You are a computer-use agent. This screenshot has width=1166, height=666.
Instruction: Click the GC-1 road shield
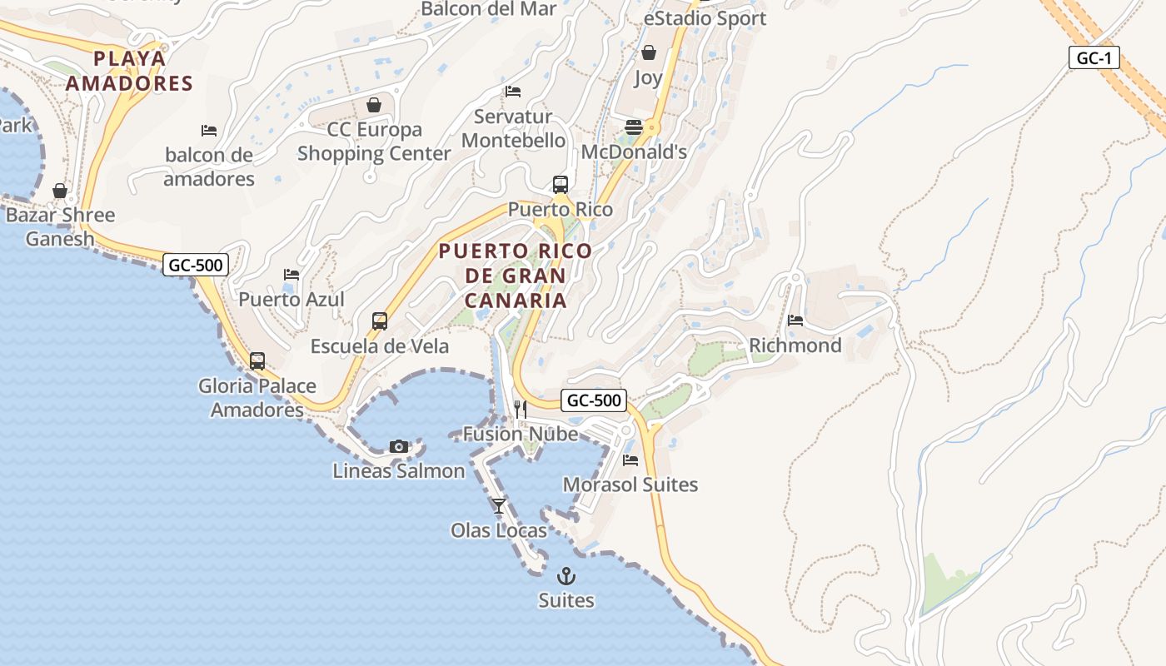[1094, 58]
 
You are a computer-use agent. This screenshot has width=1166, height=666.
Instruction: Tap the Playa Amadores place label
[130, 71]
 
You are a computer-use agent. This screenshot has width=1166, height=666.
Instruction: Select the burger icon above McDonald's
[634, 127]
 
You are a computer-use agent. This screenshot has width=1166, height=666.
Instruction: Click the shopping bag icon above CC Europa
[374, 105]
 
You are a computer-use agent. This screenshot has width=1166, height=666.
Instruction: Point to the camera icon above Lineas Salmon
[399, 447]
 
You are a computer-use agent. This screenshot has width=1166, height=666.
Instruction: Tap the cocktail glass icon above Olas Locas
[499, 505]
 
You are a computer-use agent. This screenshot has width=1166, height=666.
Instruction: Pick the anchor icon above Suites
[566, 575]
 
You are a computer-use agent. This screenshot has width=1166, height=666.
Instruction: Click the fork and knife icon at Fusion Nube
[521, 409]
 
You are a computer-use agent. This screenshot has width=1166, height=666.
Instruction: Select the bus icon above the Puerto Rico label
[561, 185]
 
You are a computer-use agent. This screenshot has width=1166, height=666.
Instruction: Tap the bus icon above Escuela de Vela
[380, 321]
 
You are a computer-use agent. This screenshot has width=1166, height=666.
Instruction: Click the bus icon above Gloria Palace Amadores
[257, 361]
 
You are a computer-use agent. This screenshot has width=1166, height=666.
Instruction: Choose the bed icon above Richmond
[795, 321]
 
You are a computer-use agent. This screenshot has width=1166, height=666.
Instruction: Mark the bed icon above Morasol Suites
[630, 460]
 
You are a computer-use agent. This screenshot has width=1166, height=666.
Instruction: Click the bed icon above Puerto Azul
[291, 274]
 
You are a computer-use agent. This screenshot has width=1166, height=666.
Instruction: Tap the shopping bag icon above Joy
[649, 53]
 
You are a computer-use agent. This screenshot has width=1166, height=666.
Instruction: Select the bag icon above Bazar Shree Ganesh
[60, 191]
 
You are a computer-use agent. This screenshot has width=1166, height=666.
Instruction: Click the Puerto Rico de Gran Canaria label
[516, 276]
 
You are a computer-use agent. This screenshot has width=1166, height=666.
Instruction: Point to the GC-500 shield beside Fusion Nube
[593, 400]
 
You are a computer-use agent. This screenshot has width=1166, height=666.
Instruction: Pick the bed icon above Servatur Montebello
[513, 91]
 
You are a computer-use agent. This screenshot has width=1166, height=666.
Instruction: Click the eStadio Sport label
[705, 18]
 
